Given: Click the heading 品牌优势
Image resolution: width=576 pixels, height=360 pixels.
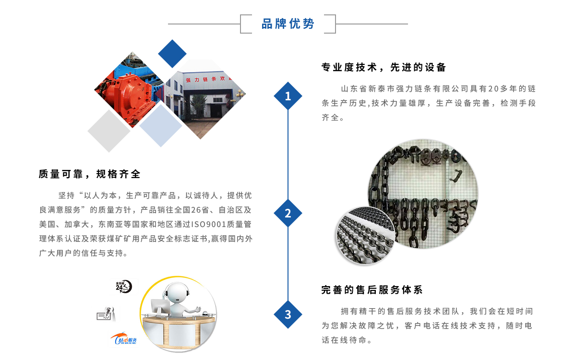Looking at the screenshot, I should [x=288, y=24].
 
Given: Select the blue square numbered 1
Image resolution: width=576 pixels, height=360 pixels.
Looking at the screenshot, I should [x=288, y=96].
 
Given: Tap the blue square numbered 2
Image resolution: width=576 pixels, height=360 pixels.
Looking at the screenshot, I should [x=288, y=213].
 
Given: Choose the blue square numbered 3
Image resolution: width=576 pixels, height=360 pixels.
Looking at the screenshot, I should [x=288, y=314].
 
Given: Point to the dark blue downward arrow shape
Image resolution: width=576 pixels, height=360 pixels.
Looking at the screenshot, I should [x=172, y=52].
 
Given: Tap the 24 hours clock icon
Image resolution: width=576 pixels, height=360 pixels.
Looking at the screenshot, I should [x=123, y=287].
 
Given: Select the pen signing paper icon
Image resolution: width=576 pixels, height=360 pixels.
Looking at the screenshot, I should [x=107, y=313].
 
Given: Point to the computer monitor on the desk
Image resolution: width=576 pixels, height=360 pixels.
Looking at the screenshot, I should [x=160, y=308].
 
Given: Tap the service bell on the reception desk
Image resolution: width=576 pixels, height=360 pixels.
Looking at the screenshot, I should [x=205, y=314].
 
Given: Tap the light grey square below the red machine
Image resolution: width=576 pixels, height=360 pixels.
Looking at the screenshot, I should [x=109, y=131].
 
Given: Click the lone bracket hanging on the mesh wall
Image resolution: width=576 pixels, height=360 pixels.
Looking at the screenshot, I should [x=453, y=175].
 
